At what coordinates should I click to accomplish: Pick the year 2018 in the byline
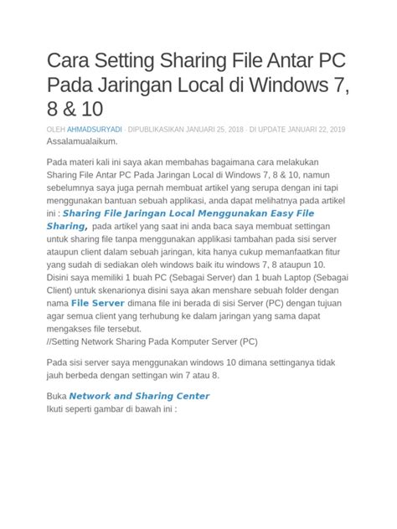(x=235, y=131)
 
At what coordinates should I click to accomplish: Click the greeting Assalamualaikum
(x=82, y=142)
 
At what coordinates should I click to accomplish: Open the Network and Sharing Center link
(x=139, y=396)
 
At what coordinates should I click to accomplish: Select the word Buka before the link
(x=57, y=396)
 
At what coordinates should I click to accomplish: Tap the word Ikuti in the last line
(x=58, y=409)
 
